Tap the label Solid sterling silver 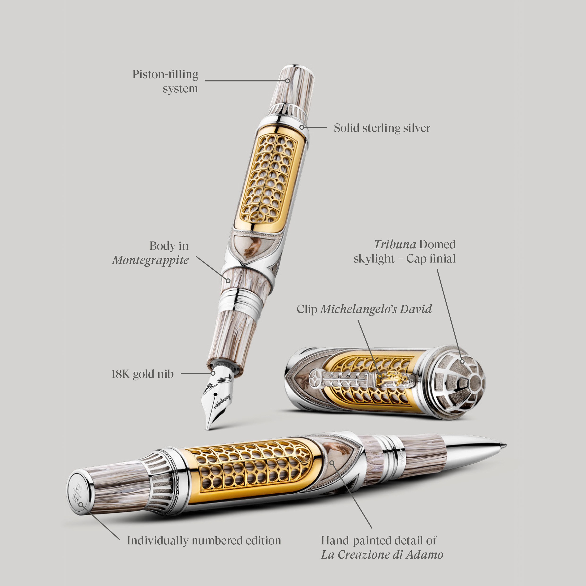tap(382, 128)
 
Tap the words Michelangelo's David tap(376, 309)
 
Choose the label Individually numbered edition tap(204, 540)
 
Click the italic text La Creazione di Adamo tap(382, 555)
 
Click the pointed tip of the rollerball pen tap(505, 445)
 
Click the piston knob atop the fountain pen tap(291, 85)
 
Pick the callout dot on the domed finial tap(462, 361)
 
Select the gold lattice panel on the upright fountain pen tap(270, 179)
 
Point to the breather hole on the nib tap(215, 394)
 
